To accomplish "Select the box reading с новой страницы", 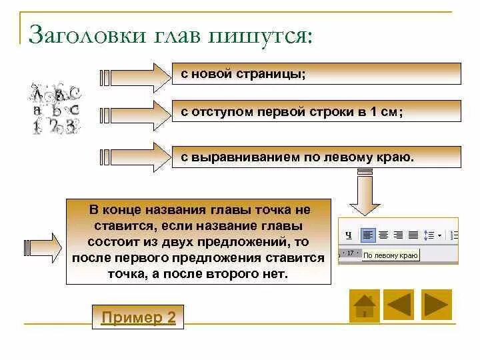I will click(316, 73).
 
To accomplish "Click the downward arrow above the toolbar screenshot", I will click(366, 191).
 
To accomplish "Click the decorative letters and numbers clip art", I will click(55, 109).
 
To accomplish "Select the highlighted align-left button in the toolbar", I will click(368, 235).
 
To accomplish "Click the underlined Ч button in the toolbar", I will click(348, 235).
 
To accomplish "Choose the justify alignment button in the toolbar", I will click(413, 235).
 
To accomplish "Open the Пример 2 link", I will click(138, 317).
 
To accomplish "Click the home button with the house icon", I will click(364, 305).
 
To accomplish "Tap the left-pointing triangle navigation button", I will click(400, 305).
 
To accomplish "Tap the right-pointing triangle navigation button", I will click(436, 305).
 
